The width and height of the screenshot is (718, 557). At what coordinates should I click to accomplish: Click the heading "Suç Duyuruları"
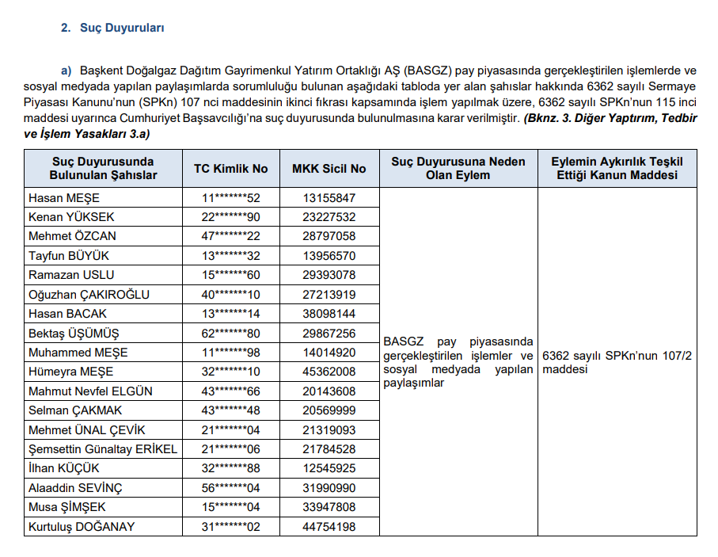122,28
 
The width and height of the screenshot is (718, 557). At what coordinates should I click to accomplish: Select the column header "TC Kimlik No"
231,168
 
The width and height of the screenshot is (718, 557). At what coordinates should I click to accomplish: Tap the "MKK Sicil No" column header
329,168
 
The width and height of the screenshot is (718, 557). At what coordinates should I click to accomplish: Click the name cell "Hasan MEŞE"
64,198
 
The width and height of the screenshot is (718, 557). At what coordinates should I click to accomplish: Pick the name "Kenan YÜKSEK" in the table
72,217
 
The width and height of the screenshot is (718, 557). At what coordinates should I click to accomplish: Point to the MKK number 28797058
329,236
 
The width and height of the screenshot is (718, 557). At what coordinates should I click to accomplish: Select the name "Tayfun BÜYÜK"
69,256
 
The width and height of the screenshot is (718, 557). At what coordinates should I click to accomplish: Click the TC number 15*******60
231,275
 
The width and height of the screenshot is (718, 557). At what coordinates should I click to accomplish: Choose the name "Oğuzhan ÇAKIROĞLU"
89,295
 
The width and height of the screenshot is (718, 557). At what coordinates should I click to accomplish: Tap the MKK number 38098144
329,314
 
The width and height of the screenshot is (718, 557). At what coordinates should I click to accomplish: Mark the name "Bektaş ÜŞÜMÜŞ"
74,334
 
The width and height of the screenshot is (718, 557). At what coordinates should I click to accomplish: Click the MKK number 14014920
329,353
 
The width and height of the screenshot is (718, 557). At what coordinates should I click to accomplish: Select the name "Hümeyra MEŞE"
71,372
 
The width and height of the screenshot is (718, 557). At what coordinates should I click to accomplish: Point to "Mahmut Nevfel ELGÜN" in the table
91,391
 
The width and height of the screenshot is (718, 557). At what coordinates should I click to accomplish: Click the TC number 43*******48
231,410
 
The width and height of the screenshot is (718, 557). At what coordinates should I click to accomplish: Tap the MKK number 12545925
329,469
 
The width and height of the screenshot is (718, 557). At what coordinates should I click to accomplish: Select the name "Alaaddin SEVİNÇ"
76,488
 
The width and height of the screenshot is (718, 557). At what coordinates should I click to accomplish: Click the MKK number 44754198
329,527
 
